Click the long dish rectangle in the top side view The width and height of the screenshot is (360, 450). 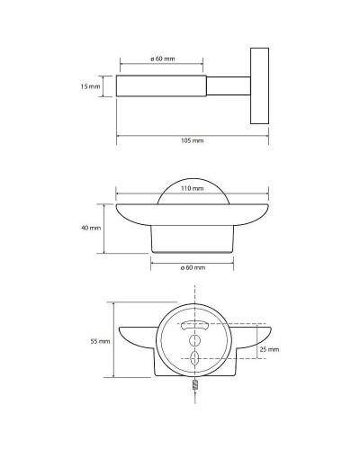coord(162,85)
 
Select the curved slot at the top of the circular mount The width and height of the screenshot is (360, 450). coord(194,325)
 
